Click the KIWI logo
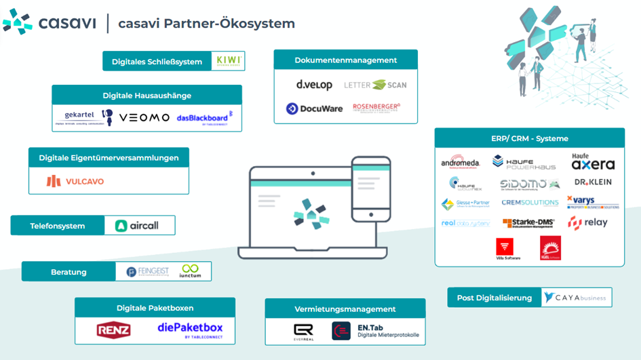point(228,61)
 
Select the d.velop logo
point(314,85)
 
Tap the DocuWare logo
point(314,108)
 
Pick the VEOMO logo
point(144,117)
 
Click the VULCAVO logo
point(75,181)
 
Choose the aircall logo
point(137,226)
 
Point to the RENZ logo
point(113,330)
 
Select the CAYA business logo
point(576,298)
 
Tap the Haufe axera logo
point(593,161)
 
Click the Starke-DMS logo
point(528,222)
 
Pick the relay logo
point(588,222)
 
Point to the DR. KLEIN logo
point(593,182)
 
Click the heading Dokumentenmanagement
point(345,60)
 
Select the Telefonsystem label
point(58,226)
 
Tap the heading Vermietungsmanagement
point(345,309)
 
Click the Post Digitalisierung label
point(494,298)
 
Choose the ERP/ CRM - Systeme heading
point(529,138)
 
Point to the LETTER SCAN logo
point(375,85)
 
